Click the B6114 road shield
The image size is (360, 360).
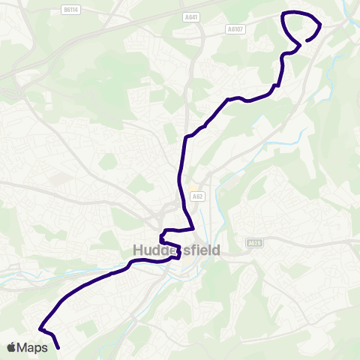tap(71, 10)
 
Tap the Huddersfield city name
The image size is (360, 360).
tap(176, 250)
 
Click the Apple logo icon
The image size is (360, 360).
tap(11, 347)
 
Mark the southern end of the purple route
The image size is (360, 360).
tap(58, 348)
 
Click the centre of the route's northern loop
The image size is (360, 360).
tap(302, 26)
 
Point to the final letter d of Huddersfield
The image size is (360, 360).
tap(215, 250)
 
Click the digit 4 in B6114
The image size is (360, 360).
tap(78, 10)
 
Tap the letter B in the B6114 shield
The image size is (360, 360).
tap(64, 10)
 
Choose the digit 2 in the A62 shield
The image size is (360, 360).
tap(202, 196)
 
